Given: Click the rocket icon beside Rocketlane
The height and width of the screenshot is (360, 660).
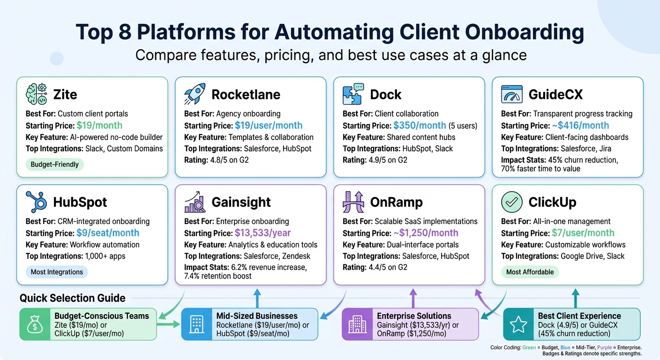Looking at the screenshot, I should point(193,94).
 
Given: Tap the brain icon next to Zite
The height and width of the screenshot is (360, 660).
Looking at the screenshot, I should point(35,94).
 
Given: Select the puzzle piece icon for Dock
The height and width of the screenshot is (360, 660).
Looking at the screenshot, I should point(352,94).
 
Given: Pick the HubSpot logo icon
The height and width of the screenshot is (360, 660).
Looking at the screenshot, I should point(35,202).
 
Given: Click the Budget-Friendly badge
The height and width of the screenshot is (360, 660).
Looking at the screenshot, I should point(54,165).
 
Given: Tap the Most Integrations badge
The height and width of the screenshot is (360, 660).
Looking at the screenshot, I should point(57,272).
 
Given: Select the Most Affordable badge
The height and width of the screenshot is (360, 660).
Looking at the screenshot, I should point(530,272).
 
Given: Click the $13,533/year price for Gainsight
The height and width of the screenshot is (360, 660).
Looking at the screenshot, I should point(262,233).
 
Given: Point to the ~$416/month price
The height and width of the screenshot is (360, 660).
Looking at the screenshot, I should point(580,126).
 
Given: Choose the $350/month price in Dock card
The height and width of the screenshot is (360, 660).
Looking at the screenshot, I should point(420,126).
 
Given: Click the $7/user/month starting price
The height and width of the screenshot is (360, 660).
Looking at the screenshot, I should point(580,233).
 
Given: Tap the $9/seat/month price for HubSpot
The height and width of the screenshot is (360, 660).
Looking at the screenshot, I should point(107,233).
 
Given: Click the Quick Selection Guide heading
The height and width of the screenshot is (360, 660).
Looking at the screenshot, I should point(73,298).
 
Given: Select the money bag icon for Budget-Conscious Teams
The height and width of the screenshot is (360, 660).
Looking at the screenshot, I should point(35,324).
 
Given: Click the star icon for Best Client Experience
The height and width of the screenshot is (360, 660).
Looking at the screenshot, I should point(518,324).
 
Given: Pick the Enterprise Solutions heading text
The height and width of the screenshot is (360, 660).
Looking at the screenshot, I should point(414,316).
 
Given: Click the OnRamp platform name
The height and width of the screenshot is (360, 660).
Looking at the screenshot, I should point(396,202).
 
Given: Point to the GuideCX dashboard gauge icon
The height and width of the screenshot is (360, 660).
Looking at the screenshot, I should point(511,94).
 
